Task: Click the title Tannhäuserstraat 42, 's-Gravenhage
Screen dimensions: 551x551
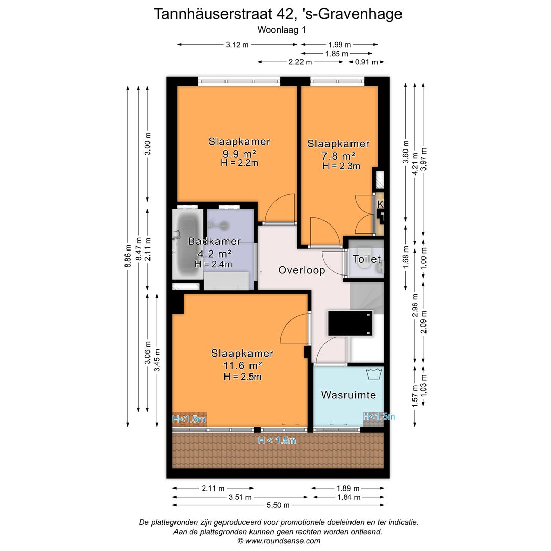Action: coord(278,14)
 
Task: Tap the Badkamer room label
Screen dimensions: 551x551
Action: coord(207,241)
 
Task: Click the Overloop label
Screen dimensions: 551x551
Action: coord(302,270)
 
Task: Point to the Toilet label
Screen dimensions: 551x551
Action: coord(366,259)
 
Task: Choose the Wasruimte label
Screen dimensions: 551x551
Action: coord(348,395)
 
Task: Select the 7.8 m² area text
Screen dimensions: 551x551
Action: coord(338,156)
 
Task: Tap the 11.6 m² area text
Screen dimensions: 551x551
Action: coord(242,365)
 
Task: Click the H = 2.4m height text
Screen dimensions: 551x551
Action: coord(213,264)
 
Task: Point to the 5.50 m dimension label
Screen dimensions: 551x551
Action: coord(279,505)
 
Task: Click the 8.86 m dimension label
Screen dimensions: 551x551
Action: coord(128,256)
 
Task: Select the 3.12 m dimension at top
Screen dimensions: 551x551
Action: coord(237,45)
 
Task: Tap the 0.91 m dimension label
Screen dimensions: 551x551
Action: coord(366,62)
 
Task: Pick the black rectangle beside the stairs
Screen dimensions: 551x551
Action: coord(349,323)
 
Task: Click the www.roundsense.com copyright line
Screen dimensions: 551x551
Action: coord(279,541)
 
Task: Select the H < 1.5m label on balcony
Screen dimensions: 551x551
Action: coord(277,441)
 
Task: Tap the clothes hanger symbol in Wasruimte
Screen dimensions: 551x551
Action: coord(374,373)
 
